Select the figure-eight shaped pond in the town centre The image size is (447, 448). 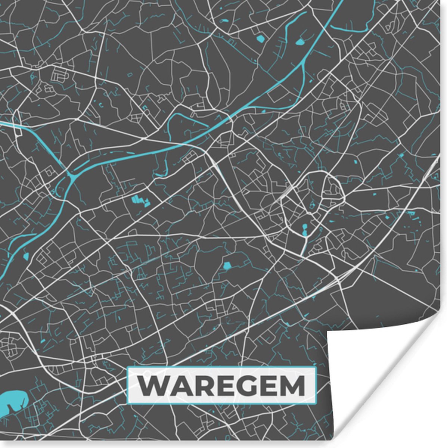(304, 230)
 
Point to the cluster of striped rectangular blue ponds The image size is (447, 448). (140, 200)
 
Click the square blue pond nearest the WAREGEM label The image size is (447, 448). (227, 266)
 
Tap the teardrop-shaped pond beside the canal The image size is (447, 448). (26, 256)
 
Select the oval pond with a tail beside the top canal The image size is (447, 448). (300, 41)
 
